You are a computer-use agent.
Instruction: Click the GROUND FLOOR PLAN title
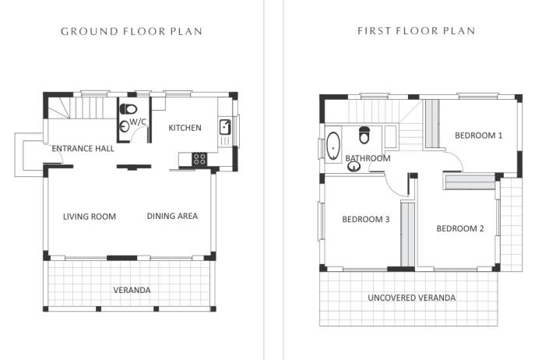pos(132,32)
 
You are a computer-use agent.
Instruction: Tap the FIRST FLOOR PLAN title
pos(417,32)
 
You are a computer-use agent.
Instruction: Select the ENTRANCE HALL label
pos(83,148)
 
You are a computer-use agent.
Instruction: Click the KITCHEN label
pos(185,128)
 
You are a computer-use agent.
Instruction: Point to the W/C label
pos(139,122)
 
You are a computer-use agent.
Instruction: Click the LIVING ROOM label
pos(90,217)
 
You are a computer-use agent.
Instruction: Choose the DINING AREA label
pos(172,217)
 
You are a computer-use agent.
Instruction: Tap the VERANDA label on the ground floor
pos(132,290)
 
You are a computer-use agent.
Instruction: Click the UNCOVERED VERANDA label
pos(412,298)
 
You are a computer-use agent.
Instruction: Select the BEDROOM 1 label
pos(479,136)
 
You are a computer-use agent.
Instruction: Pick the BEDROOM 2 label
pos(460,228)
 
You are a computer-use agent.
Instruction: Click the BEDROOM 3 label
pos(366,220)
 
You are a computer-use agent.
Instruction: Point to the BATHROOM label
pos(368,159)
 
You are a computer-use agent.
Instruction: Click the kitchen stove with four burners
pos(199,158)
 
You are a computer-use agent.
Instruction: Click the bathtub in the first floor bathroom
pos(333,145)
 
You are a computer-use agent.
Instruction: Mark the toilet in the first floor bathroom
pos(364,136)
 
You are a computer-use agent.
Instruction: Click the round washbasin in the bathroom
pos(354,166)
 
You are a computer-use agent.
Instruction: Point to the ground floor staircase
pos(82,107)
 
